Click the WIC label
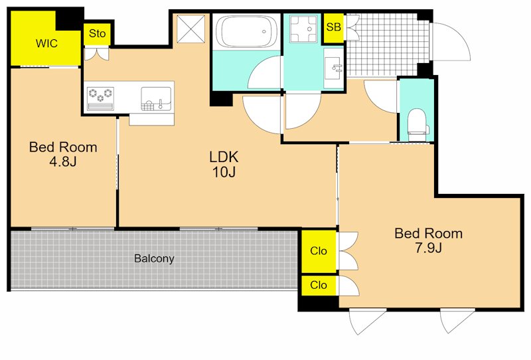[46, 43]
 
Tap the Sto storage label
[97, 33]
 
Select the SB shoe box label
[334, 27]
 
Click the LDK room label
[224, 157]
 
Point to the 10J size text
[224, 172]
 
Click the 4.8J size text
[63, 161]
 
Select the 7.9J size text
[428, 248]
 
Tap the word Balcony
[154, 258]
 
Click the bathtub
[246, 32]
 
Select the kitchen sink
[156, 99]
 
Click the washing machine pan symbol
[303, 29]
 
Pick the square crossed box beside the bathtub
[191, 29]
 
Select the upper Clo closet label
[319, 251]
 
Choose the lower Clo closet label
[319, 285]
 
